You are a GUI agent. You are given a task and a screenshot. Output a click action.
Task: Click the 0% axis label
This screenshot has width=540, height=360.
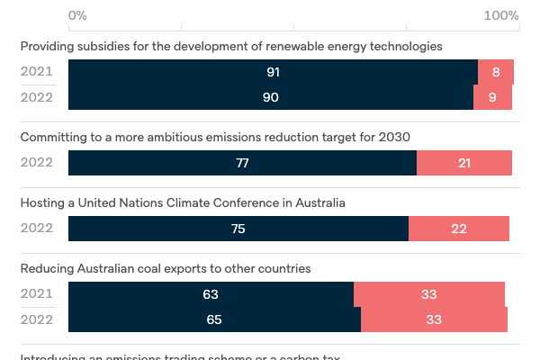pyautogui.click(x=77, y=15)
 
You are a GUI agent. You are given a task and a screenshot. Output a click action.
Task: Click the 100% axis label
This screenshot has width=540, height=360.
pyautogui.click(x=501, y=15)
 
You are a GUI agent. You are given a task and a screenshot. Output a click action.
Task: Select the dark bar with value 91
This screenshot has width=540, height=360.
pyautogui.click(x=273, y=72)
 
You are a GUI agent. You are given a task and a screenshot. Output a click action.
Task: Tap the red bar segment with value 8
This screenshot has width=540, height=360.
pyautogui.click(x=496, y=72)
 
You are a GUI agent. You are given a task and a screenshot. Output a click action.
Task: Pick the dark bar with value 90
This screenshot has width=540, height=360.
pyautogui.click(x=271, y=97)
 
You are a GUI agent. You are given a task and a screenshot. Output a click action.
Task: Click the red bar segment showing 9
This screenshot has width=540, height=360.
pyautogui.click(x=493, y=97)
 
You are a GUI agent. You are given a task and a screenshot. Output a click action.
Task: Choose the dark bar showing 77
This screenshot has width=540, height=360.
pyautogui.click(x=242, y=163)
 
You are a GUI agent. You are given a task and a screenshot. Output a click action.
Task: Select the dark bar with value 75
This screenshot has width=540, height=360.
pyautogui.click(x=238, y=229)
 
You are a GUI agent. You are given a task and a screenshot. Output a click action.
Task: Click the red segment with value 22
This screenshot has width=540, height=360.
pyautogui.click(x=459, y=229)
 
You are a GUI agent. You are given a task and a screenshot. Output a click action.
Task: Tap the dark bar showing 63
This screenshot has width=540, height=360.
pyautogui.click(x=211, y=294)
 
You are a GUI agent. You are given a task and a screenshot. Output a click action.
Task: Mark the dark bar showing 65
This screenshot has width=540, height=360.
pyautogui.click(x=214, y=319)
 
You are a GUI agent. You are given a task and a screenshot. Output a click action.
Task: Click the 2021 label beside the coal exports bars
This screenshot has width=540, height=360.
pyautogui.click(x=37, y=294)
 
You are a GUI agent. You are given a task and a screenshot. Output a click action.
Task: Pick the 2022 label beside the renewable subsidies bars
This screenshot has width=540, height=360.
pyautogui.click(x=37, y=97)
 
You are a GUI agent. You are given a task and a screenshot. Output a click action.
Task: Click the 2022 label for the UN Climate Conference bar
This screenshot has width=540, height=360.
pyautogui.click(x=37, y=229)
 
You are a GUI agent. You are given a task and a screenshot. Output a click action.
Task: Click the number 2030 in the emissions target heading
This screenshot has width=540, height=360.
pyautogui.click(x=394, y=137)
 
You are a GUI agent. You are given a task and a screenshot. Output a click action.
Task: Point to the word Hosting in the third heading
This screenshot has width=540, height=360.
pyautogui.click(x=42, y=202)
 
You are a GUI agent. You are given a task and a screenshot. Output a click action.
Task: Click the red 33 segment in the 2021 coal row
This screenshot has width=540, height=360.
pyautogui.click(x=429, y=294)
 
